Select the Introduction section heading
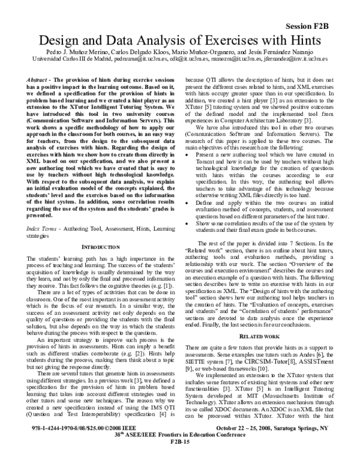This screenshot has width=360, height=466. point(98,213)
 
